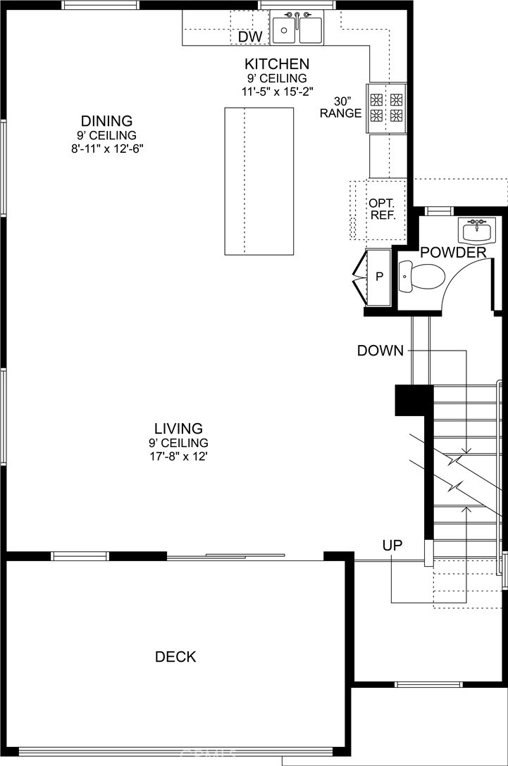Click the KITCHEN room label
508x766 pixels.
(277, 64)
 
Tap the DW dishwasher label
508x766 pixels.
(250, 37)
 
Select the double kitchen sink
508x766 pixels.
(297, 28)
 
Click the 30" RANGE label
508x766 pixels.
(340, 108)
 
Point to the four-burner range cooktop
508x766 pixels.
(387, 108)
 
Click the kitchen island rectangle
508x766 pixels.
(259, 181)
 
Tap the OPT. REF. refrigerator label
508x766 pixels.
(382, 209)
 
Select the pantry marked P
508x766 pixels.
(379, 277)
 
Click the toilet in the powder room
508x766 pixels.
(421, 277)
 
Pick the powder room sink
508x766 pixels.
(477, 230)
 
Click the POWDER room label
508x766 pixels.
(453, 253)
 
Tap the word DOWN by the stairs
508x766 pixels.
(380, 351)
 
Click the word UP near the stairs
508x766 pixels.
(392, 545)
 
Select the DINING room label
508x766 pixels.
(106, 120)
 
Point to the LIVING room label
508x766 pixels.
(178, 429)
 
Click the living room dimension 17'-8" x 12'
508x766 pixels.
(178, 457)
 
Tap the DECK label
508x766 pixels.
(175, 657)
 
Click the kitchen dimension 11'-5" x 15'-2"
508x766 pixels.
(277, 91)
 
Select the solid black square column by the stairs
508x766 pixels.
(414, 400)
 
